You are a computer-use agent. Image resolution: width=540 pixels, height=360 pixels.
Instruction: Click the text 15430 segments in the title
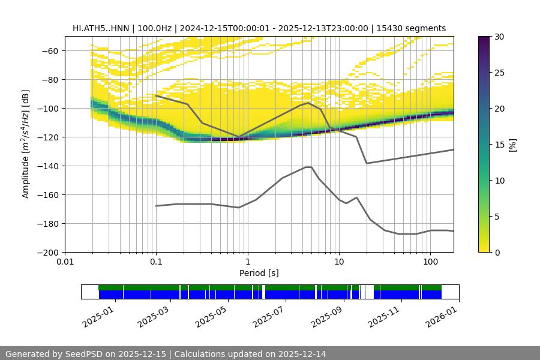[x=413, y=28]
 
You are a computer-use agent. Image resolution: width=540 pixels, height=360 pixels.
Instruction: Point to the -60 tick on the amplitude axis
[x=49, y=51]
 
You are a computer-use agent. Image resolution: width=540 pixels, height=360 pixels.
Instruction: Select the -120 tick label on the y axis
[x=47, y=137]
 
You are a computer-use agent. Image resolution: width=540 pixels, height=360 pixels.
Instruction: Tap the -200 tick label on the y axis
[x=47, y=253]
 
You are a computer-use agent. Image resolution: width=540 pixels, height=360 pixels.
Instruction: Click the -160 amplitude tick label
[x=47, y=195]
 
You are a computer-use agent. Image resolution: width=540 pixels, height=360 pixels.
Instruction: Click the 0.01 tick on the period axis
[x=65, y=261]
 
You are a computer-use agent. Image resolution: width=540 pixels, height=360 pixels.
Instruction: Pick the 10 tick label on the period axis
[x=338, y=261]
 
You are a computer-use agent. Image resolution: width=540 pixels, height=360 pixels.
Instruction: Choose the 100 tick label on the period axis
[x=430, y=261]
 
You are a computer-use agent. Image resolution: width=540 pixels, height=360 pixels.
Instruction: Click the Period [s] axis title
[x=259, y=273]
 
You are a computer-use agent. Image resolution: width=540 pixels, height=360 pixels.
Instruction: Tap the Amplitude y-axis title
[x=26, y=144]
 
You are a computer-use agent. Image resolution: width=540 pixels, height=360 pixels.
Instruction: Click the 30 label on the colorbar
[x=499, y=37]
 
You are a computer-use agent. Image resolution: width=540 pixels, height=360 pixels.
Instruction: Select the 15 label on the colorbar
[x=499, y=145]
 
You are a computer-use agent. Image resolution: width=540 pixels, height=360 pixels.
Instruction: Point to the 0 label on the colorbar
[x=497, y=253]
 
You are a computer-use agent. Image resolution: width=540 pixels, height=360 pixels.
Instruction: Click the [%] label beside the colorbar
[x=512, y=145]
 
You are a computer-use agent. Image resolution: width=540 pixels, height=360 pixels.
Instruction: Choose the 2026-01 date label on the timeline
[x=442, y=316]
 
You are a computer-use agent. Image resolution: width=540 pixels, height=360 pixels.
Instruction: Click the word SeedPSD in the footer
[x=85, y=354]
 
